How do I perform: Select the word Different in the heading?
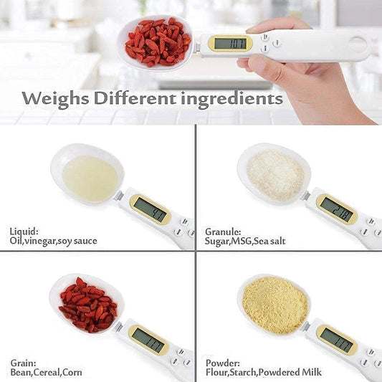[137, 98]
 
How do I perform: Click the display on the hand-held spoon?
[230, 44]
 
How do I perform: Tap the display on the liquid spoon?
[150, 209]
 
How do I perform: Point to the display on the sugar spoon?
[336, 209]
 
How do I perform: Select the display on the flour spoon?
[336, 339]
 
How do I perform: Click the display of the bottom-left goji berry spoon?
[148, 339]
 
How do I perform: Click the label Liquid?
[24, 230]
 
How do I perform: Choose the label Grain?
[23, 362]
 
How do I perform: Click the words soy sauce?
[77, 242]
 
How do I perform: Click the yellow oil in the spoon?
[90, 178]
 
